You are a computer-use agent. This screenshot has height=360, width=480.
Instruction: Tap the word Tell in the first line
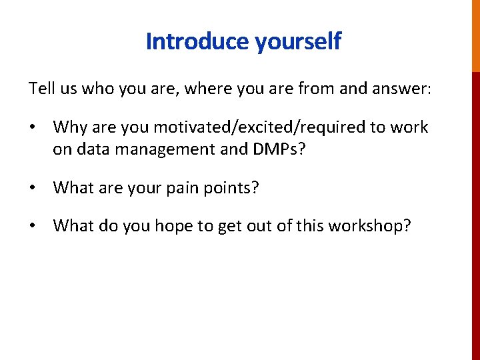39,88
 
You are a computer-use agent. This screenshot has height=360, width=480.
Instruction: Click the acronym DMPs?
279,149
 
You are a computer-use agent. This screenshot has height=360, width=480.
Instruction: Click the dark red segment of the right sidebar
475,213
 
